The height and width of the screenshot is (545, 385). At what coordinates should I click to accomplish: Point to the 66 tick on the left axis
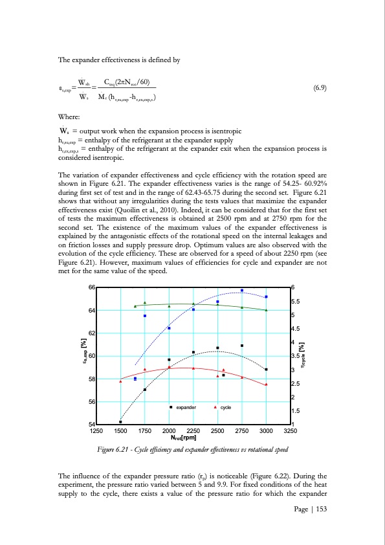(91, 287)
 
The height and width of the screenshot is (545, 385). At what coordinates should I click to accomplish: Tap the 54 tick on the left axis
(91, 424)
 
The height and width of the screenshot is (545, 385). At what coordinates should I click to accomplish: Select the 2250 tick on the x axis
(193, 430)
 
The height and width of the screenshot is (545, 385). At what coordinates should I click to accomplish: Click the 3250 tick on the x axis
(291, 430)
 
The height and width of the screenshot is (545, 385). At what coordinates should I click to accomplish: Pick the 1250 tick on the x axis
(96, 430)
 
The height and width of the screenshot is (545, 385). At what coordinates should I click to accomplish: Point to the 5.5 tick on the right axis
(297, 302)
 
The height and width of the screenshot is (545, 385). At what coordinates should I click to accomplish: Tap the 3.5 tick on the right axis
(297, 356)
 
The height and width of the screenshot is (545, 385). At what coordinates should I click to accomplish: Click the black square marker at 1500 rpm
(120, 422)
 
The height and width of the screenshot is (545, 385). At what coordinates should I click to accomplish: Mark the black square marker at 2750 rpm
(242, 346)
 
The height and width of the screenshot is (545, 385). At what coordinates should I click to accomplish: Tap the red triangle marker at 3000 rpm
(266, 384)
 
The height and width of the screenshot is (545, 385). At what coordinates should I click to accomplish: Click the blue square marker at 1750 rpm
(145, 316)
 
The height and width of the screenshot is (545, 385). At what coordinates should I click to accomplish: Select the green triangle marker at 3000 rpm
(266, 310)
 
